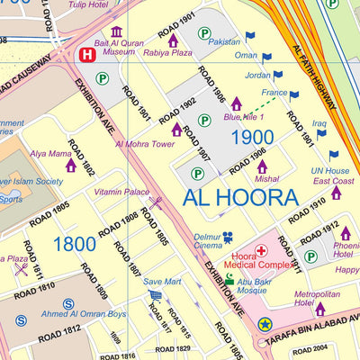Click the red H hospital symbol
(86, 55)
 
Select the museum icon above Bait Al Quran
(117, 32)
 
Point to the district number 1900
(252, 138)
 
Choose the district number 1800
(74, 244)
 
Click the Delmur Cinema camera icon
(228, 238)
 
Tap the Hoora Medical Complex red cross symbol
(261, 250)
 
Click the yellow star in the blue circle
(265, 324)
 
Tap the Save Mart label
(162, 282)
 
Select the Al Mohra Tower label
(144, 143)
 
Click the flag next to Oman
(266, 57)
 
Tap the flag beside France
(294, 94)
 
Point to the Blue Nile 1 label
(244, 117)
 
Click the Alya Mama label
(49, 153)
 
